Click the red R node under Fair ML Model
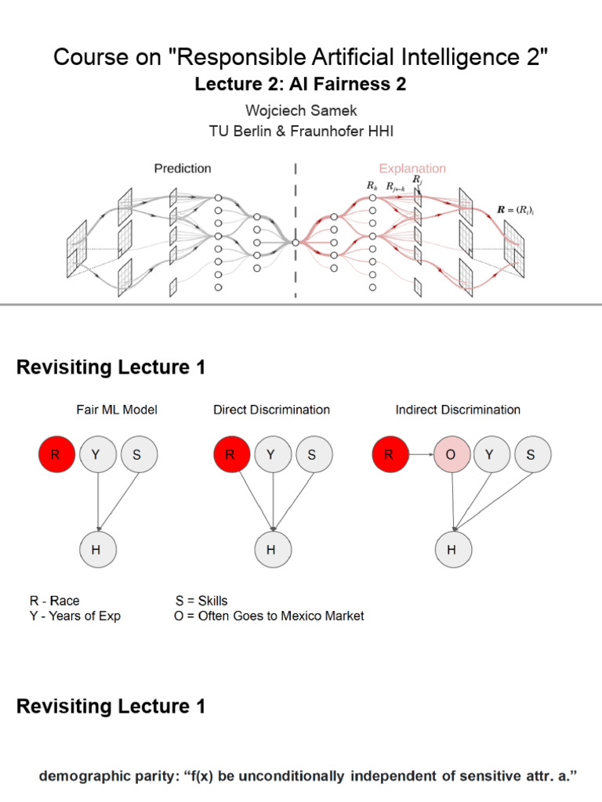click(x=56, y=454)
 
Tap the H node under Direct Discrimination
click(x=270, y=550)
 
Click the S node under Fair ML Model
click(x=138, y=454)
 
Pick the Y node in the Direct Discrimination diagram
click(x=271, y=454)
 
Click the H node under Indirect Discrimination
click(x=451, y=550)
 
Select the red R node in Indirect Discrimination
click(x=389, y=454)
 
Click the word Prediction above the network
click(x=182, y=168)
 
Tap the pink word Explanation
click(x=412, y=168)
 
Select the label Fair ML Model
click(x=117, y=410)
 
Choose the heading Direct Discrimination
click(x=271, y=410)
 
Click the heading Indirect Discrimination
click(x=458, y=410)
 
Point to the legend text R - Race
click(x=54, y=601)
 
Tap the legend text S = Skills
click(x=201, y=601)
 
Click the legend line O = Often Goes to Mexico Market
click(x=269, y=616)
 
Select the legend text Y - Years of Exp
click(x=75, y=616)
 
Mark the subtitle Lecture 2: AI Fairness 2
click(x=301, y=85)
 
